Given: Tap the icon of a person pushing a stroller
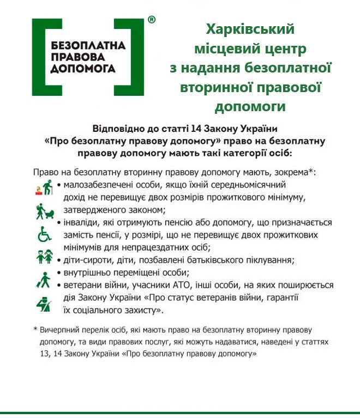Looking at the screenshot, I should tap(45, 211).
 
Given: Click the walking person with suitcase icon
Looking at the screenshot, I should tap(43, 280).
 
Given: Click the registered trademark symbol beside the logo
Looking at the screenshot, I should tap(152, 20).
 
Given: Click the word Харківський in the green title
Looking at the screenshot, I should tap(250, 29).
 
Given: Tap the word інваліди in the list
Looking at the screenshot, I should tap(80, 223).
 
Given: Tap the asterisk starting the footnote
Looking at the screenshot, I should tap(35, 330).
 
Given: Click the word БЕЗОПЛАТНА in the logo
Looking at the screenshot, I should tap(87, 43).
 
